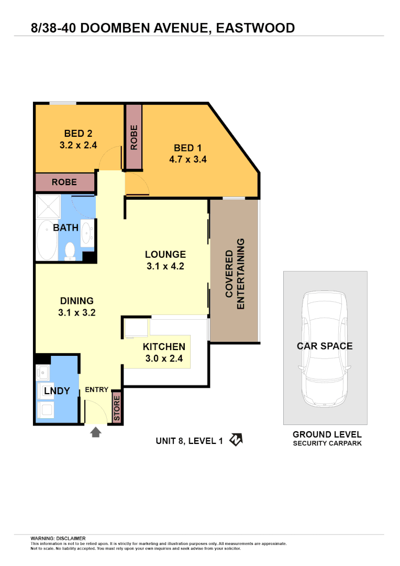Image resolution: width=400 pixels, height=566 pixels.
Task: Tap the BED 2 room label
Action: tap(79, 134)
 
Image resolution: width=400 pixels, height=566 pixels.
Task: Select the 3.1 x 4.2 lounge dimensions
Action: tap(165, 266)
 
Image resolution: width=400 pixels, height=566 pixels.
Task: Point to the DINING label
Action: tap(76, 301)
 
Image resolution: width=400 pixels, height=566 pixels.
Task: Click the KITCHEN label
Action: tap(164, 346)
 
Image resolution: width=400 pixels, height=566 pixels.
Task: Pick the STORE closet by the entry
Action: tap(117, 407)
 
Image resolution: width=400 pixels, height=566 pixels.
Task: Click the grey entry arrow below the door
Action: tap(96, 432)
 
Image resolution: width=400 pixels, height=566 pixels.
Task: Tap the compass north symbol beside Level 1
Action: tap(236, 440)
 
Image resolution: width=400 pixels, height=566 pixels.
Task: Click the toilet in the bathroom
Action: tap(70, 252)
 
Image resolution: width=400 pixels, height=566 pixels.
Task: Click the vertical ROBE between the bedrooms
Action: tap(134, 137)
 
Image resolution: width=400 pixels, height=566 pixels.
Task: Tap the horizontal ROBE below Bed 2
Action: tap(64, 182)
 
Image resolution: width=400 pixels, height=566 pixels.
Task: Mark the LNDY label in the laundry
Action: tap(53, 391)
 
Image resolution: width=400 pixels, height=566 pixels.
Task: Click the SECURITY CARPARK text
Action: tap(327, 443)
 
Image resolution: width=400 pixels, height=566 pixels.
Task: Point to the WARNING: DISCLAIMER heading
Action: tap(58, 538)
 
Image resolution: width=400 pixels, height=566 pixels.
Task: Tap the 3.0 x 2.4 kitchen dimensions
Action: tap(164, 359)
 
